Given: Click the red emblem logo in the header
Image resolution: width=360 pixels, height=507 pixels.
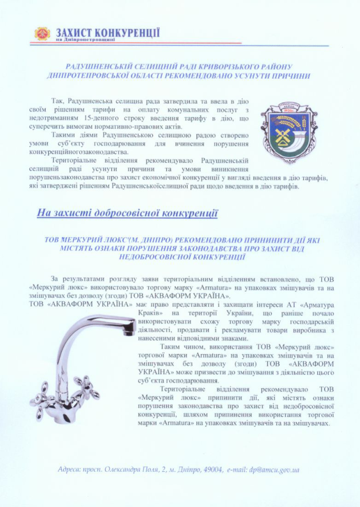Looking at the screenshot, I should (x=42, y=34).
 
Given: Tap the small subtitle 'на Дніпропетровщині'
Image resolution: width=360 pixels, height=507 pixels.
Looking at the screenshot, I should (x=85, y=40).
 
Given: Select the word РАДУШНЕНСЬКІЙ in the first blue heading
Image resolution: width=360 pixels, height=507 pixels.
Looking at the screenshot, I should (x=96, y=67).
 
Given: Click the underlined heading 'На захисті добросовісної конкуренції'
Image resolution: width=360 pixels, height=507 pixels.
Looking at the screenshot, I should (x=127, y=213).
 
